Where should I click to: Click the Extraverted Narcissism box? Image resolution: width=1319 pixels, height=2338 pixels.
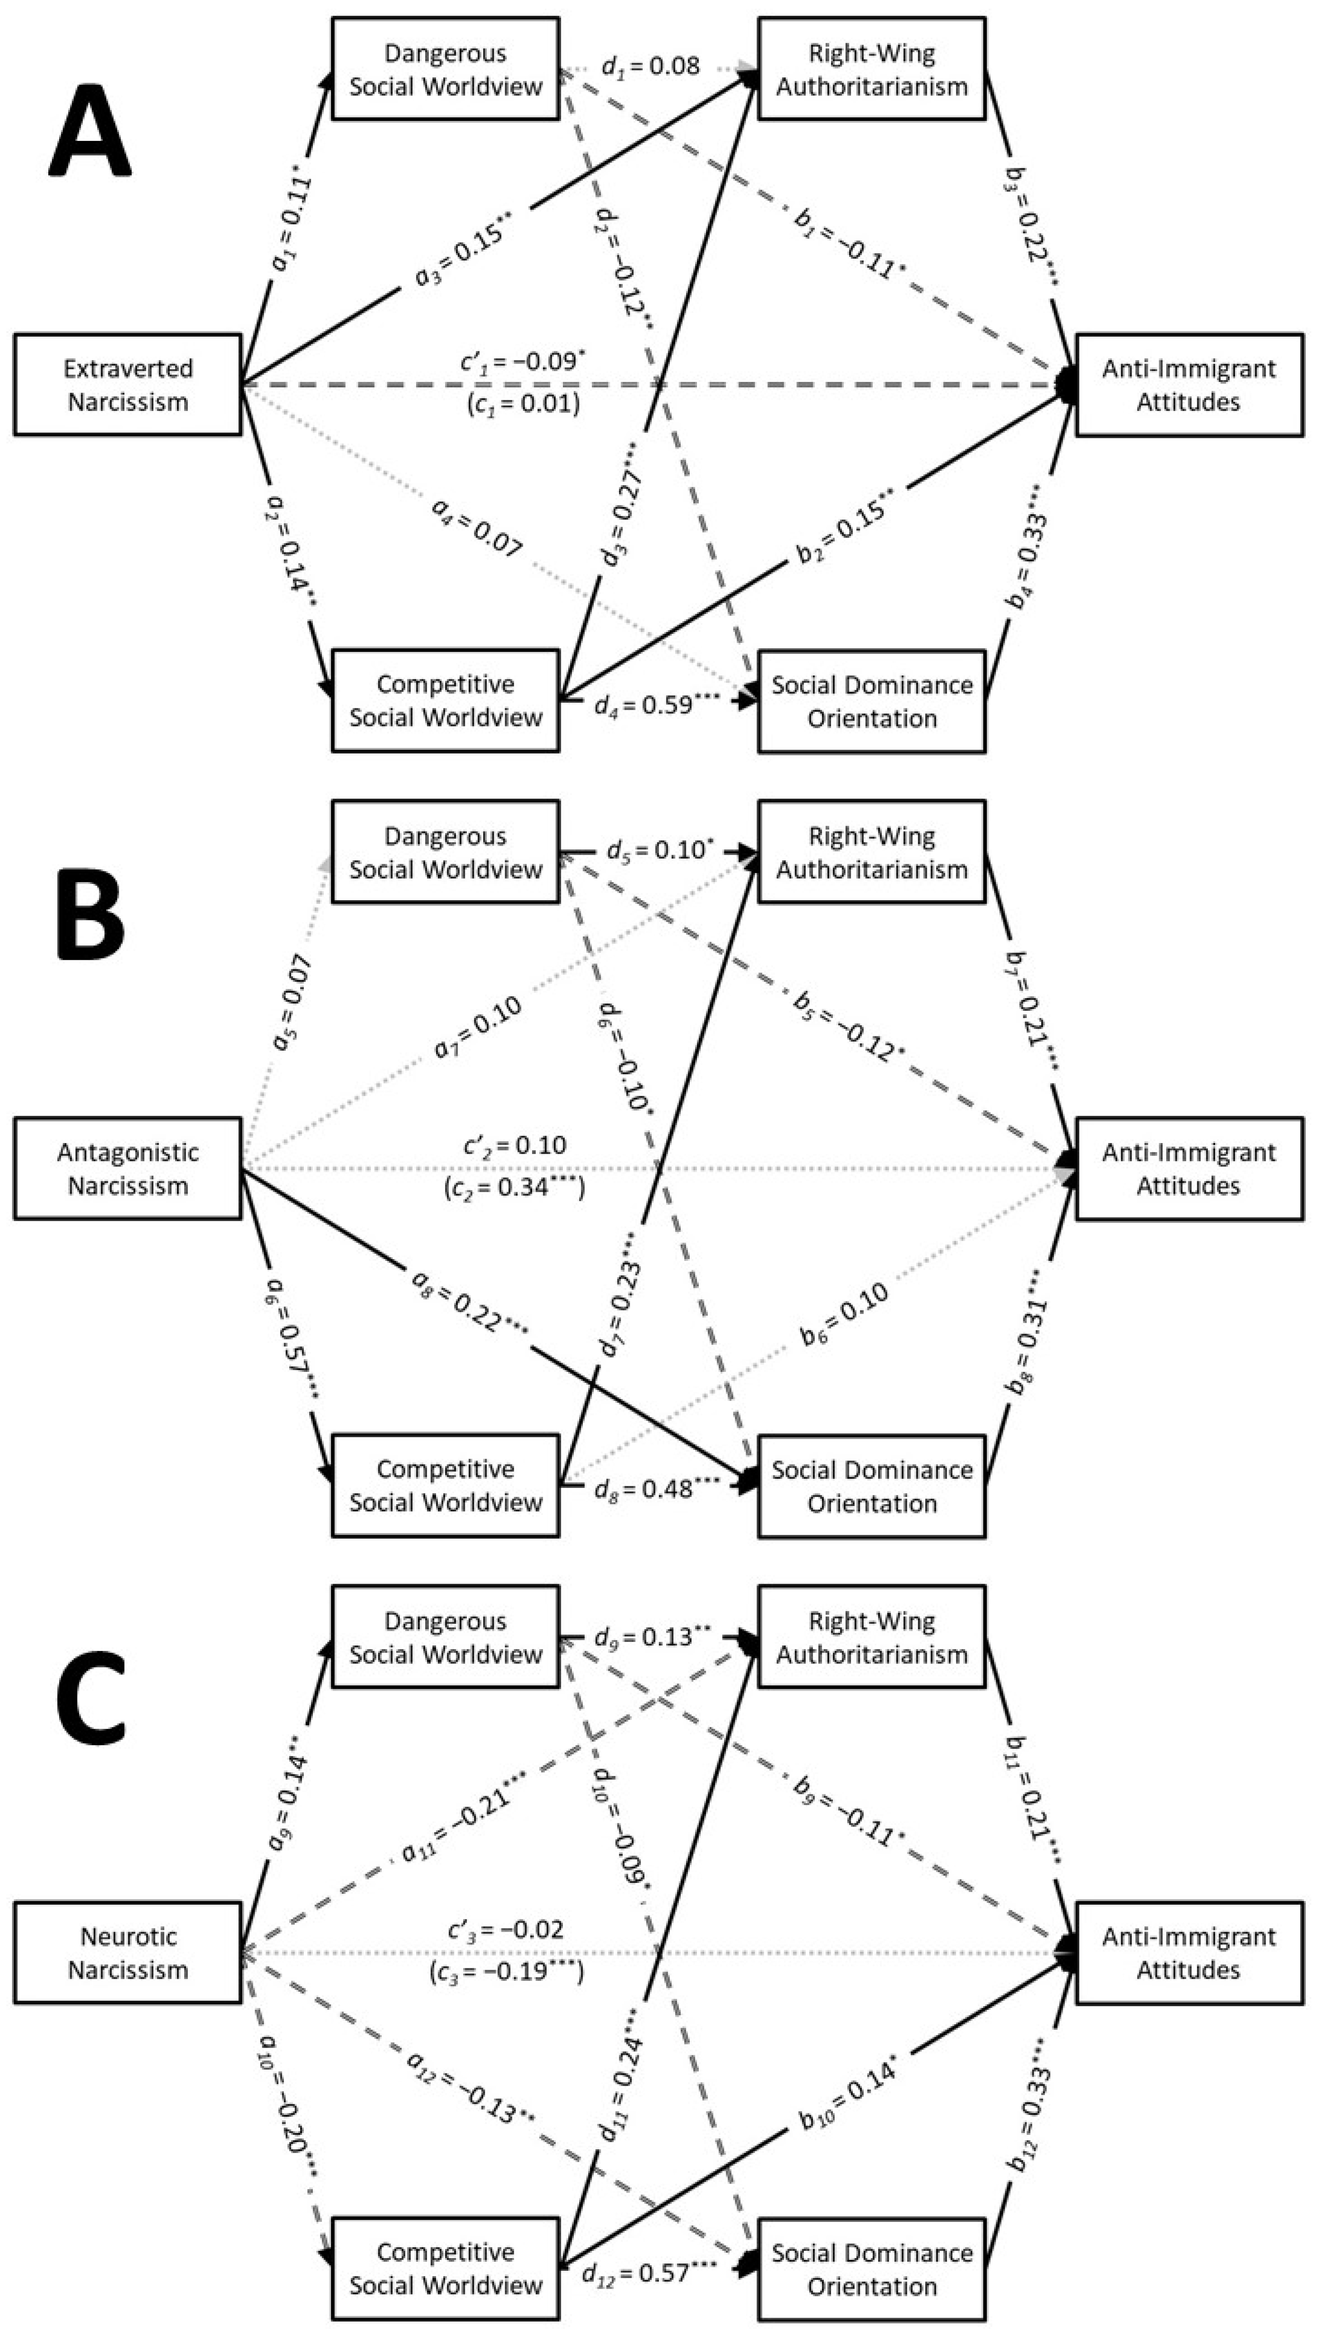tap(128, 385)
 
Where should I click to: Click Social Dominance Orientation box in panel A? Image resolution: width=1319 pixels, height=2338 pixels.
tap(872, 702)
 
